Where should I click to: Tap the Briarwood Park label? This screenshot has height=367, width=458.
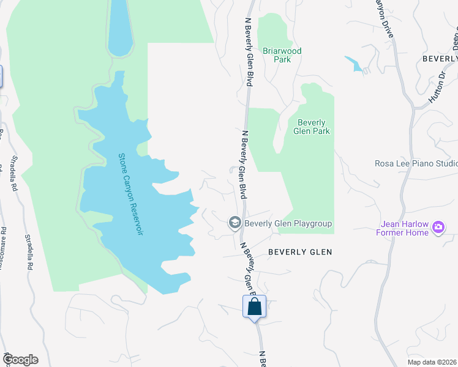pyautogui.click(x=282, y=56)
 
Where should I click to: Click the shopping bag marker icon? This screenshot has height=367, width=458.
pyautogui.click(x=255, y=306)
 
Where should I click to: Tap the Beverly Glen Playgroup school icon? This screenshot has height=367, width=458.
pyautogui.click(x=235, y=223)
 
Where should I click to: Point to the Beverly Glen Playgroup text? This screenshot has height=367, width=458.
pyautogui.click(x=288, y=224)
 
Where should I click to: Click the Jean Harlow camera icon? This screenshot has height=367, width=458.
pyautogui.click(x=438, y=228)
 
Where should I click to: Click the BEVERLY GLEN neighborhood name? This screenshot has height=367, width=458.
pyautogui.click(x=300, y=252)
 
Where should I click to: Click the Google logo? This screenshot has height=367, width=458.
pyautogui.click(x=20, y=360)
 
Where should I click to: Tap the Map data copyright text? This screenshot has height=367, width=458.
pyautogui.click(x=432, y=361)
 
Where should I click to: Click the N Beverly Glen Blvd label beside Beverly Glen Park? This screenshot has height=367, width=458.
pyautogui.click(x=244, y=164)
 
